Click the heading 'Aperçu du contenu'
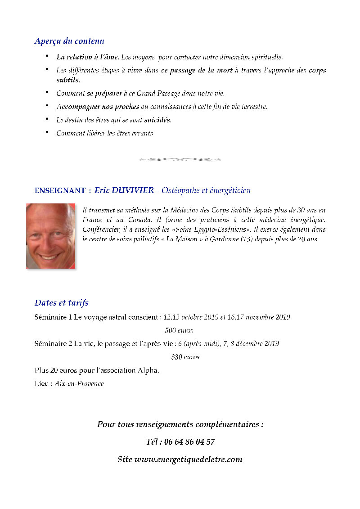click(x=69, y=41)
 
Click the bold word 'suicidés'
click(x=157, y=120)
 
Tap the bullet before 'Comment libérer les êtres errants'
click(x=47, y=132)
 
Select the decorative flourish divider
click(x=180, y=159)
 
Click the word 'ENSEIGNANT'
click(x=60, y=191)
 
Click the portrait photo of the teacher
click(x=50, y=236)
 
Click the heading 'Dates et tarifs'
click(x=62, y=303)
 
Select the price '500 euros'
click(x=179, y=330)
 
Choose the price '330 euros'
click(x=185, y=357)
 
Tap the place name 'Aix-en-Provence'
click(x=79, y=384)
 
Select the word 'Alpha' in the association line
click(x=148, y=370)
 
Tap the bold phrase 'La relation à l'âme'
click(x=88, y=57)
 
